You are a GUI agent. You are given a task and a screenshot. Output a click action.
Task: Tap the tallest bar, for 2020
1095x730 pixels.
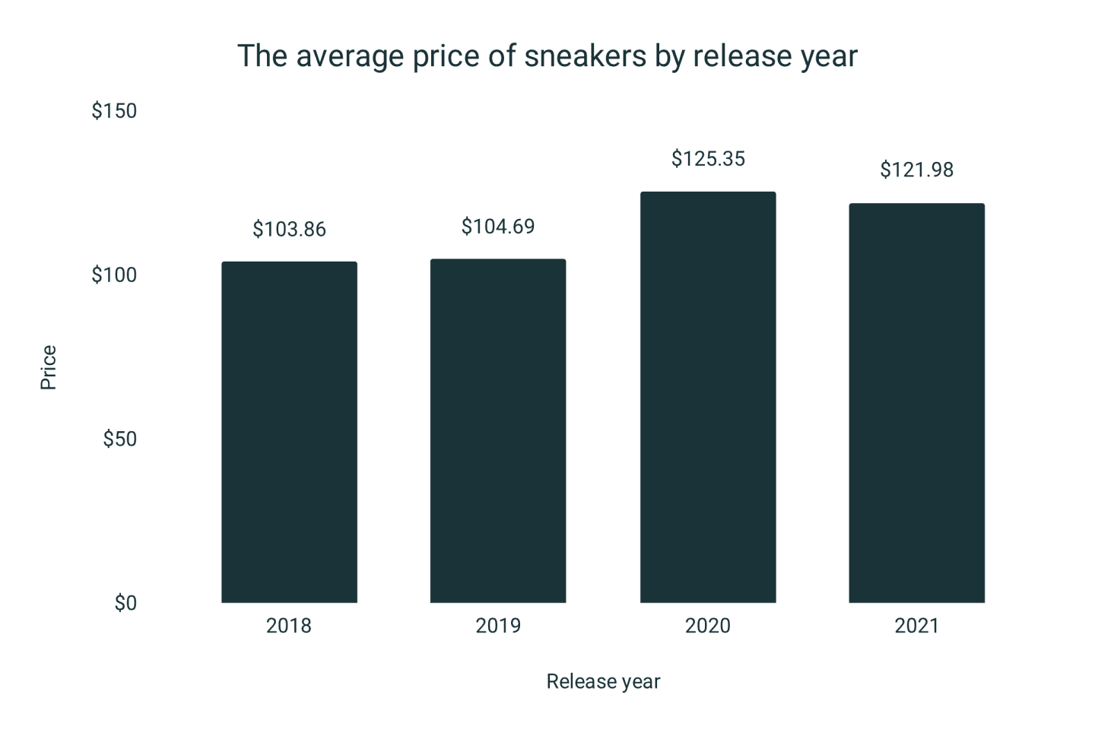pyautogui.click(x=708, y=397)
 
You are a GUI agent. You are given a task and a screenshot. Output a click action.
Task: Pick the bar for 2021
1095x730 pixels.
pyautogui.click(x=916, y=403)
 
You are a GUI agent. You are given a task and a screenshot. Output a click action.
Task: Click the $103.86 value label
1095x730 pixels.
pyautogui.click(x=289, y=229)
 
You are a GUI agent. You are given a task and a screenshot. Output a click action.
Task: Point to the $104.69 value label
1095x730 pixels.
pyautogui.click(x=498, y=227)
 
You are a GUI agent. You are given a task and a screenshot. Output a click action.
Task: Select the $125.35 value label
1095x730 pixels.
pyautogui.click(x=708, y=159)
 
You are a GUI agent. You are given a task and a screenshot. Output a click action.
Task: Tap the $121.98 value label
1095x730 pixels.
pyautogui.click(x=916, y=170)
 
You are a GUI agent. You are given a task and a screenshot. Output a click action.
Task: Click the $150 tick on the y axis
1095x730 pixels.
pyautogui.click(x=114, y=111)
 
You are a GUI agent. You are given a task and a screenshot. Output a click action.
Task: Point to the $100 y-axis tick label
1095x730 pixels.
pyautogui.click(x=114, y=275)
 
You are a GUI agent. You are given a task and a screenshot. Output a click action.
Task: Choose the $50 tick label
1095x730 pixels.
pyautogui.click(x=119, y=439)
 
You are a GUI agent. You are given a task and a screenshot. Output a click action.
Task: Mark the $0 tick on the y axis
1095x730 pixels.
pyautogui.click(x=125, y=603)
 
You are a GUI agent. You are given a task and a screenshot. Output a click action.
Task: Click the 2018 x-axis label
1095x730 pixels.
pyautogui.click(x=289, y=626)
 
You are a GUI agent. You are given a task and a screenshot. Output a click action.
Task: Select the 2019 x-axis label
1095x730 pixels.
pyautogui.click(x=498, y=626)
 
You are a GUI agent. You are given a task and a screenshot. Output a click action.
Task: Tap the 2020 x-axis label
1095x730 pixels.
pyautogui.click(x=708, y=626)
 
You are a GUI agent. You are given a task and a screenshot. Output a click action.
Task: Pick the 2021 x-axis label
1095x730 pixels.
pyautogui.click(x=916, y=626)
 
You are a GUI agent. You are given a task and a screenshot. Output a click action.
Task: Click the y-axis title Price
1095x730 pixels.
pyautogui.click(x=48, y=367)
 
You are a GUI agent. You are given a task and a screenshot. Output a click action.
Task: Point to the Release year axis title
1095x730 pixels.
pyautogui.click(x=603, y=681)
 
